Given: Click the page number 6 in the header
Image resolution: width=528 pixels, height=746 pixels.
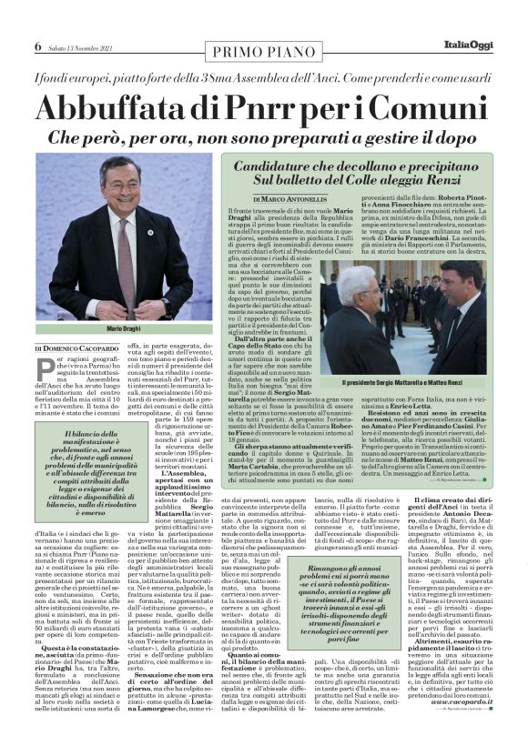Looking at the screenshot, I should [x=39, y=45].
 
